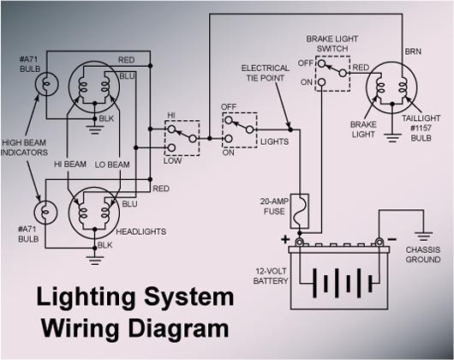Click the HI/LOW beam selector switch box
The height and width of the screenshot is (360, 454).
[x=182, y=136]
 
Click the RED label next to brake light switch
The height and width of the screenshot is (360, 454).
[x=361, y=67]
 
